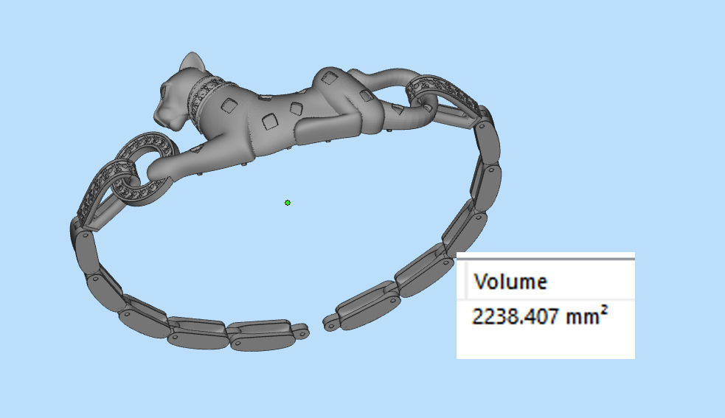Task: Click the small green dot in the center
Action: (288, 203)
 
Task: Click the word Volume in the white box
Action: (510, 281)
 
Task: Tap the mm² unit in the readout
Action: (588, 317)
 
